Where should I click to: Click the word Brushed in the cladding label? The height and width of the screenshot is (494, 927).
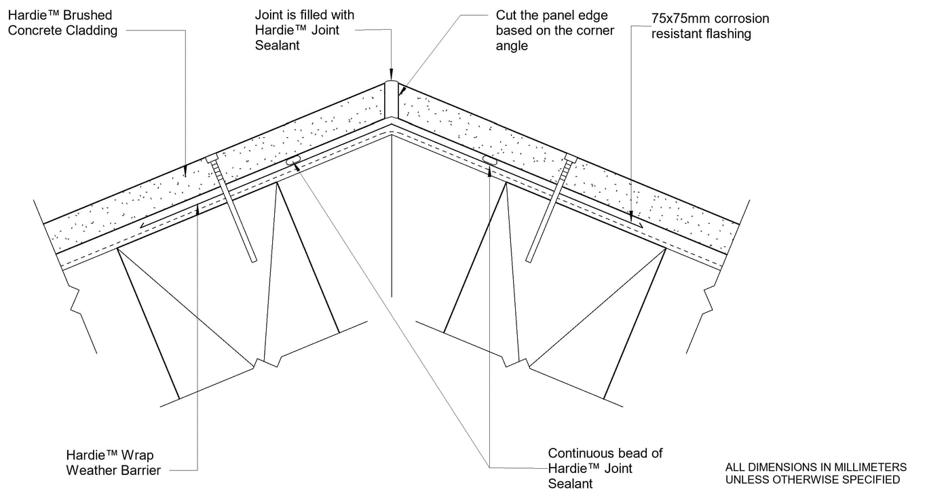pos(89,15)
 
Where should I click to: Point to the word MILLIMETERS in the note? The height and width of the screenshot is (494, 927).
pos(873,468)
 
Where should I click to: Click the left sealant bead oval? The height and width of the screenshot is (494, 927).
pos(293,161)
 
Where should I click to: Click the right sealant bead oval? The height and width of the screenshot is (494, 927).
pos(489,160)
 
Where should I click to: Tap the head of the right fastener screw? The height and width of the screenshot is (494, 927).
pos(570,159)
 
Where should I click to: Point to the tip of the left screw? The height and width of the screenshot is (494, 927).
pos(254,260)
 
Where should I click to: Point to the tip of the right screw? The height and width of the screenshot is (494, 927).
pos(529,260)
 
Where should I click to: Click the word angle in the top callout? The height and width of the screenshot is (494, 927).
pos(512,46)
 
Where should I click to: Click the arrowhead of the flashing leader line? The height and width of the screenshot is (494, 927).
pos(631,218)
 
